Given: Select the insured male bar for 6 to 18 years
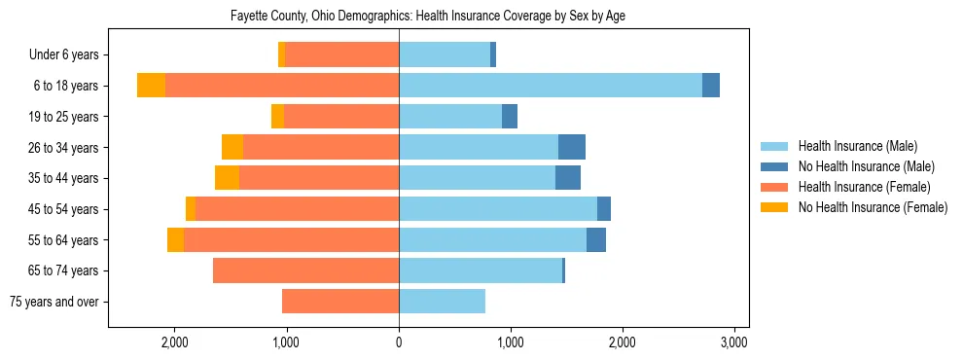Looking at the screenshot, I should pos(550,86).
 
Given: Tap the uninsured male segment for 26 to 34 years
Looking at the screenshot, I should pos(572,147).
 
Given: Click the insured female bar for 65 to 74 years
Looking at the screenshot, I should pos(305,270).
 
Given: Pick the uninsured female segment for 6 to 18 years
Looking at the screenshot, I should pos(151,86).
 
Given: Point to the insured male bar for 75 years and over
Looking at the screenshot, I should pos(442,302).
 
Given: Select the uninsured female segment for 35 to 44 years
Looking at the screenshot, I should pos(227,178).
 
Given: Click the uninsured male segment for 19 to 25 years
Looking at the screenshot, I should pos(510,117).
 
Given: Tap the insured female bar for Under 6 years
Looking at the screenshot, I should pos(341,54).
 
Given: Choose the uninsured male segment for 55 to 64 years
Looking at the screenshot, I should pos(596,239).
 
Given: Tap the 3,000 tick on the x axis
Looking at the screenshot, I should pos(734,343).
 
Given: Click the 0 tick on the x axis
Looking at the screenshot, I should pos(399,343).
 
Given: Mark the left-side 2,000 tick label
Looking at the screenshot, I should pos(175,343).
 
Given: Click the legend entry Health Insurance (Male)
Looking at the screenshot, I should pos(857,146).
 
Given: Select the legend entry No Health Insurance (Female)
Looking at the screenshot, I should pos(873,207).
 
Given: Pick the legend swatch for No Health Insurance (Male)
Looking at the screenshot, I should pos(775,166).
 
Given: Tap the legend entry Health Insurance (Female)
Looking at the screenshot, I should pos(864,187).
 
